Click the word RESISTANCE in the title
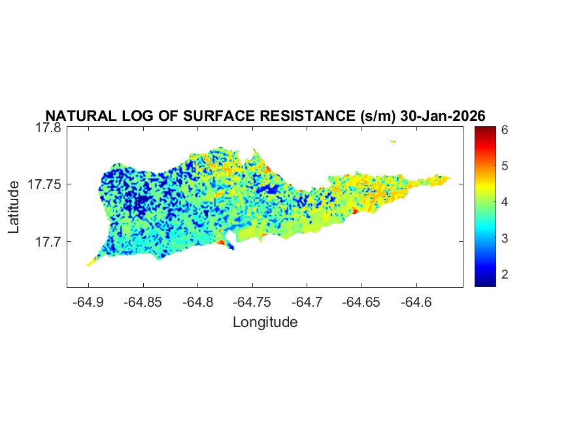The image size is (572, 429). (307, 116)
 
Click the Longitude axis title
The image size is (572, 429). (265, 322)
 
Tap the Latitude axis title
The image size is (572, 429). (14, 208)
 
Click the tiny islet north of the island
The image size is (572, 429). (393, 141)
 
